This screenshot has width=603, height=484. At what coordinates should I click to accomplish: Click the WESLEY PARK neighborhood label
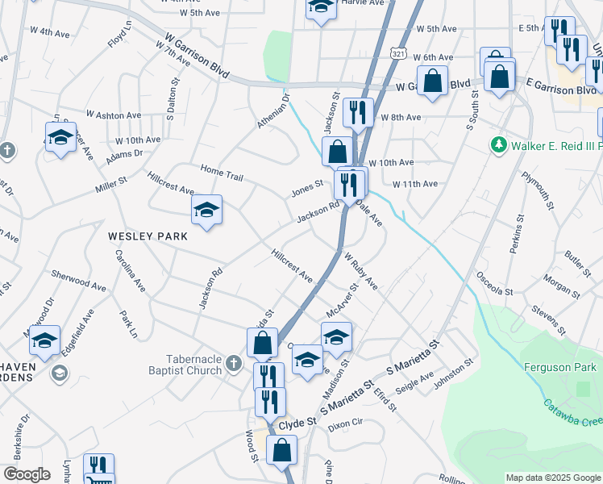coord(148,236)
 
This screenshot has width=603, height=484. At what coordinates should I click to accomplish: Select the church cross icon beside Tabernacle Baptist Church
coord(234,364)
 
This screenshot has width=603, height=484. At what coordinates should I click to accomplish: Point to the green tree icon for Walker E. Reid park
coord(499,144)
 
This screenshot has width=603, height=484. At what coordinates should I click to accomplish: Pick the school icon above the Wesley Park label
coord(207,211)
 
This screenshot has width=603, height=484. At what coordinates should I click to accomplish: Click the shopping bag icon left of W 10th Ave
coord(336,150)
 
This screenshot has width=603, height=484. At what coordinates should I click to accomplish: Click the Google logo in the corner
coord(27,474)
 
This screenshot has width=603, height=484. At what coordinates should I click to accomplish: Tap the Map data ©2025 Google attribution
coord(552,478)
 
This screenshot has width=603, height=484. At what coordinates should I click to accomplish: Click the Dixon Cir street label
coord(347,422)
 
